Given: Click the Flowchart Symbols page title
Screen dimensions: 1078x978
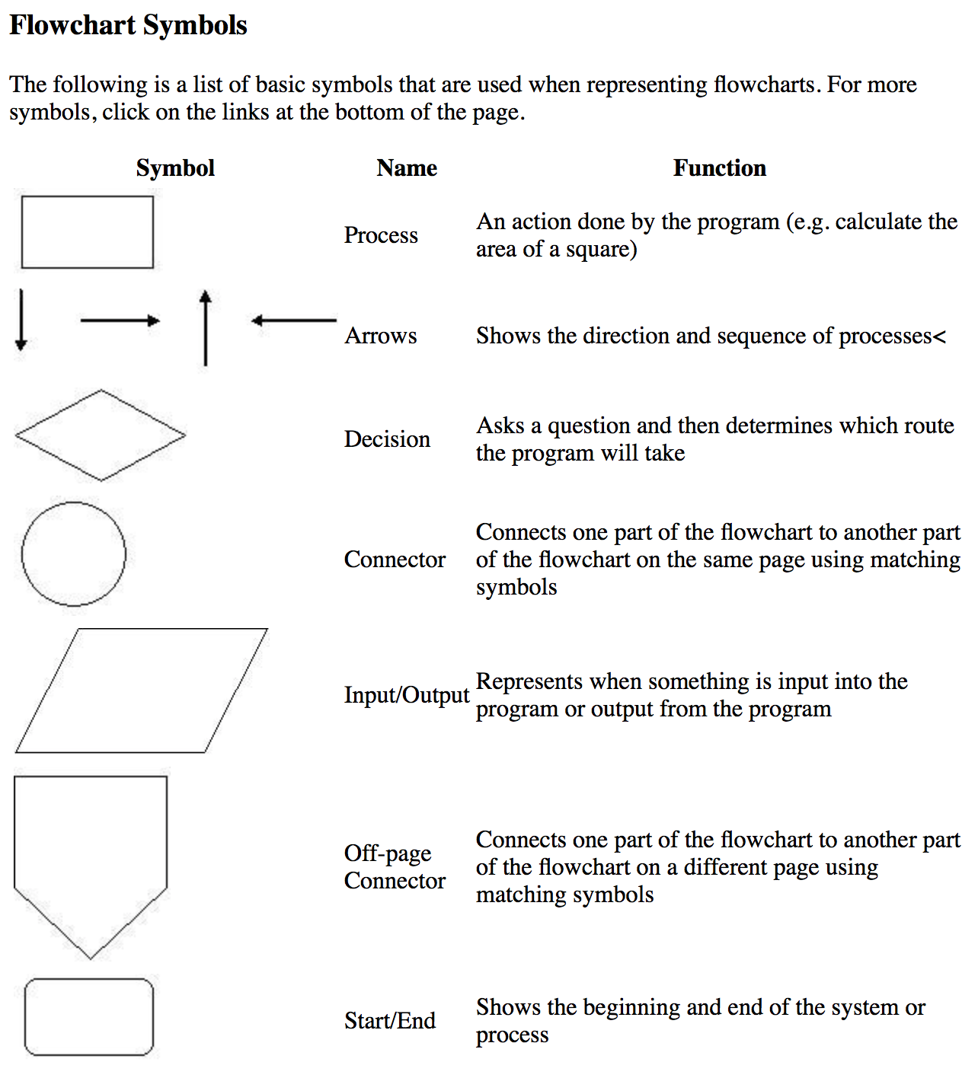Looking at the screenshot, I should [128, 25].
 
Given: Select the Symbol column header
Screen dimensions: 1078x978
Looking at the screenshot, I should [175, 167].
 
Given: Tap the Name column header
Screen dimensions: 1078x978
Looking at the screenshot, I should [407, 167].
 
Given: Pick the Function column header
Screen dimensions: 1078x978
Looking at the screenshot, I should [719, 167].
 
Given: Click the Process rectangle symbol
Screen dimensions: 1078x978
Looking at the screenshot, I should [88, 232].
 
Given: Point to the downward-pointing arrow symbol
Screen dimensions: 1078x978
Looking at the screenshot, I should [21, 320].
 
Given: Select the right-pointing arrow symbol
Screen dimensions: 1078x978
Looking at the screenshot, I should [120, 321].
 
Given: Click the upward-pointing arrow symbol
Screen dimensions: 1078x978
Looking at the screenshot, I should [205, 327].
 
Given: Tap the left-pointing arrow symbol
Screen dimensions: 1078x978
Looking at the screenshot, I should [293, 321].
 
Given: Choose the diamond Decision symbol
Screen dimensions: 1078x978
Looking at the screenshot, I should [101, 435].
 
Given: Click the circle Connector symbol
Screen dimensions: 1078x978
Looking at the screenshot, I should [74, 554].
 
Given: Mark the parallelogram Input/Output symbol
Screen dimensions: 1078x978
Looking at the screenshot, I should [142, 690].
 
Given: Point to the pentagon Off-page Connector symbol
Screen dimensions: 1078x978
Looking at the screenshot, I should [91, 860].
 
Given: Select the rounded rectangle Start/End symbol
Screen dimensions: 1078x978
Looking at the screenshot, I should [89, 1017].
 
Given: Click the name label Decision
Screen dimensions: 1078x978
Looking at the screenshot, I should [387, 439].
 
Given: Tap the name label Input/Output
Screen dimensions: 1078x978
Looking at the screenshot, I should [407, 695].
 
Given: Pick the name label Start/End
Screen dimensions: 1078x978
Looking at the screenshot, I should [390, 1020].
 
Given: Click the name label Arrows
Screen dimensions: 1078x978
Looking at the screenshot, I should [381, 336].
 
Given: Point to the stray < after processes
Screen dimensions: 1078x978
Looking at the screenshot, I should [940, 336].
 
